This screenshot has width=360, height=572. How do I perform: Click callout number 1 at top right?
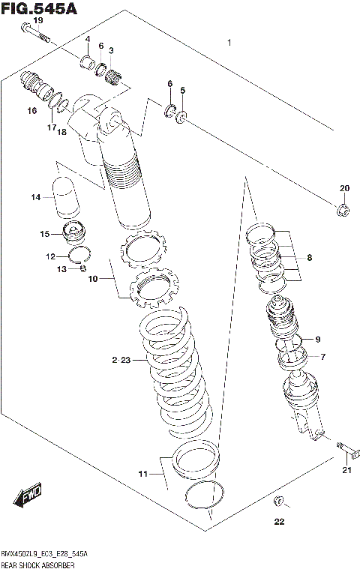point(229,43)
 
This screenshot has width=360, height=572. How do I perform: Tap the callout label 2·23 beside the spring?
point(121,361)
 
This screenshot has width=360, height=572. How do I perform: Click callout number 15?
point(44,234)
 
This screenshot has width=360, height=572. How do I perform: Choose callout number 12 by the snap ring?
point(50,256)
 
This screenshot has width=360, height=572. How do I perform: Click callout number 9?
point(317,338)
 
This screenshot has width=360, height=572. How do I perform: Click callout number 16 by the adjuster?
point(31,111)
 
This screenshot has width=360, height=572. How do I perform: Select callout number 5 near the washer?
point(182,91)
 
